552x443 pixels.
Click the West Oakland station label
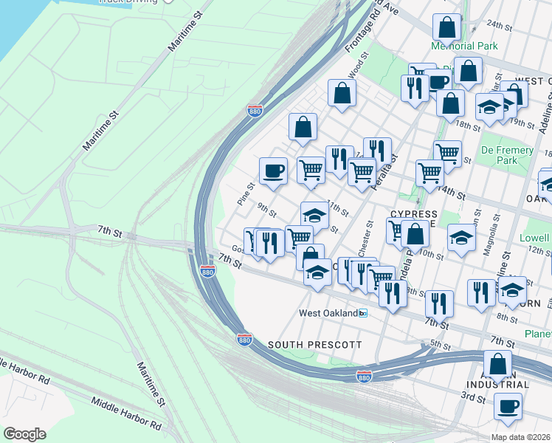tap(327, 313)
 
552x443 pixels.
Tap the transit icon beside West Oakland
tap(362, 313)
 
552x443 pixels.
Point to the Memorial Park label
tap(465, 46)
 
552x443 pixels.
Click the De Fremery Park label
tap(507, 155)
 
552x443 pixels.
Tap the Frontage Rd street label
tap(359, 37)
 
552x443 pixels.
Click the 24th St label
tap(499, 25)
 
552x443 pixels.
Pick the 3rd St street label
tap(472, 398)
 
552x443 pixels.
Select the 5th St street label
tap(440, 344)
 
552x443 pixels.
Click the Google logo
tap(24, 434)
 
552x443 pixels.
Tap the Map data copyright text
tap(520, 437)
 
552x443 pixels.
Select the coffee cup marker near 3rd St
tap(508, 405)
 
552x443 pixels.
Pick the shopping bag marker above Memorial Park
tap(446, 28)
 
